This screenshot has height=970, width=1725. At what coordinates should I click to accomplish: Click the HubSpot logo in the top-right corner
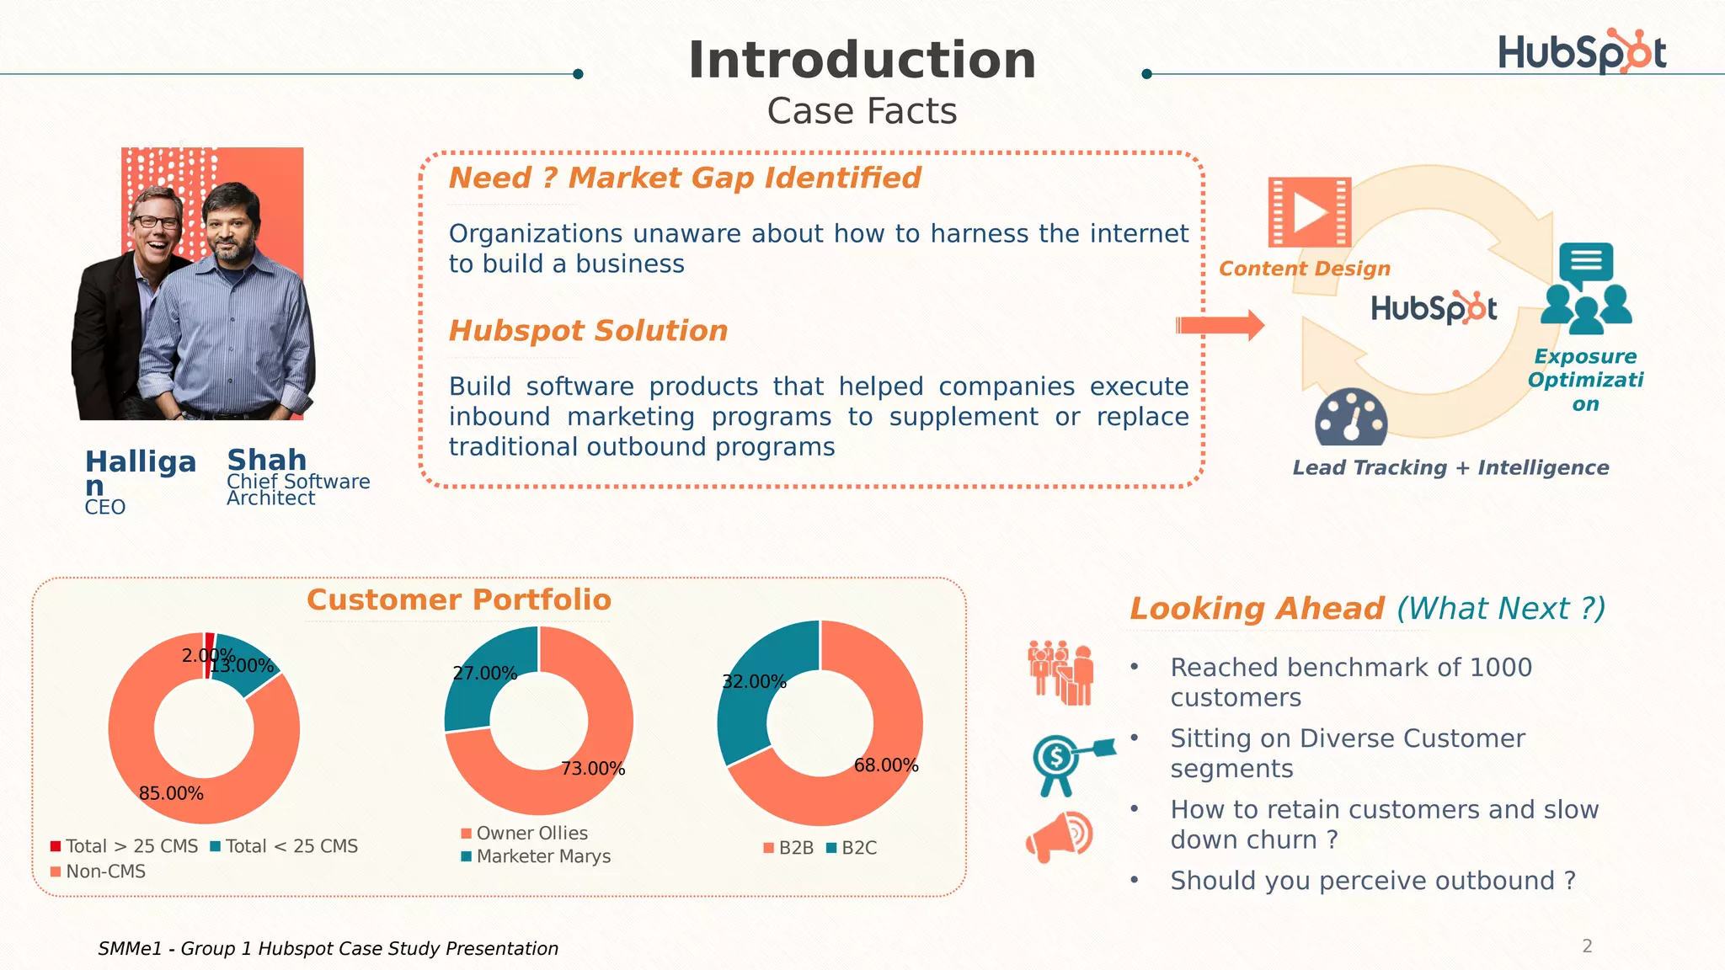coord(1581,52)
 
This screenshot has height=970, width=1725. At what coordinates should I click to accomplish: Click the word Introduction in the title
coord(862,61)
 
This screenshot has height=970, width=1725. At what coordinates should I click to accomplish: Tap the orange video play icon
coord(1309,212)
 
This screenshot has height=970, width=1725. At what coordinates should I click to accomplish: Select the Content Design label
coord(1304,269)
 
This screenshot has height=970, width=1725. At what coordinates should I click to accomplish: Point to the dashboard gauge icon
coord(1351,418)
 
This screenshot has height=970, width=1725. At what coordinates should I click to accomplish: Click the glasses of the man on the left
coord(158,222)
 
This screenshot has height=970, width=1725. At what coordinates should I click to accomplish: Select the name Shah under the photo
coord(267,460)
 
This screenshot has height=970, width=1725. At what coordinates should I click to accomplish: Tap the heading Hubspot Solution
coord(588,331)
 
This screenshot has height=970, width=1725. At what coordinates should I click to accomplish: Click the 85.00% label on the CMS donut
coord(171,793)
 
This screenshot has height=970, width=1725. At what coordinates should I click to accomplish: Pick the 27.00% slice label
coord(484,674)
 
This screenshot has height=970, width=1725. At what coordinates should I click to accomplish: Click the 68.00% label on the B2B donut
coord(885,765)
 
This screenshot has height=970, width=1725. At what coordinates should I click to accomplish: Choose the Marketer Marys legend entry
coord(543,856)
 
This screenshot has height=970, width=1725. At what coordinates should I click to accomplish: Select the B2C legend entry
coord(858,848)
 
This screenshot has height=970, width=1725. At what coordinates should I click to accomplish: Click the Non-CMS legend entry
coord(105,871)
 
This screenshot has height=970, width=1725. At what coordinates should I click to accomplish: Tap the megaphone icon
coord(1059,836)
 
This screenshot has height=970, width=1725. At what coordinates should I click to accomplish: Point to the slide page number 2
coord(1587,946)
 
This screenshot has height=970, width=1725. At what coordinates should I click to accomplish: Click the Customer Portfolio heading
coord(459,600)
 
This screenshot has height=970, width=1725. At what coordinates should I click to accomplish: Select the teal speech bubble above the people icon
coord(1586,262)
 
